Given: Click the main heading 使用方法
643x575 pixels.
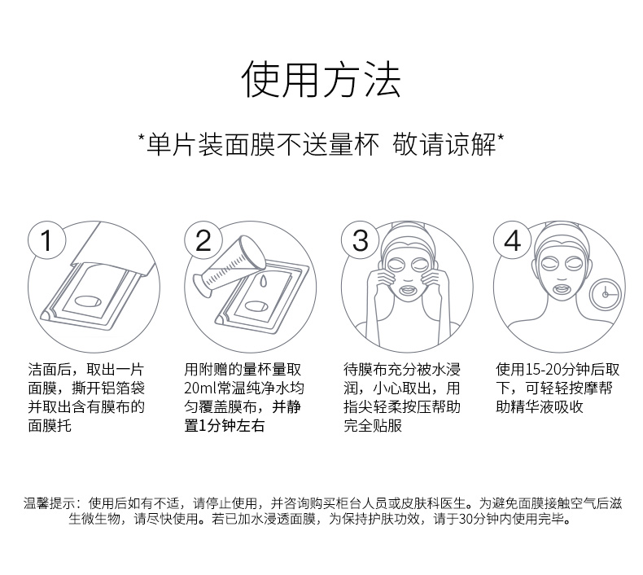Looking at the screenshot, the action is click(321, 79).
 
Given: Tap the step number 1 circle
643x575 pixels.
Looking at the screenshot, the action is click(46, 240).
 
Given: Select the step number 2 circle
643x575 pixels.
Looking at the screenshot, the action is click(203, 240).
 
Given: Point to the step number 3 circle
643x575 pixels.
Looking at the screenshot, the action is click(361, 240).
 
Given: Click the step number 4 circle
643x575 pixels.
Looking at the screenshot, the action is click(512, 240).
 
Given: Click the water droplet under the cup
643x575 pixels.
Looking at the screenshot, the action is click(263, 281).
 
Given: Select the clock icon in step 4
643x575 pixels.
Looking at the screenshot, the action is click(606, 294).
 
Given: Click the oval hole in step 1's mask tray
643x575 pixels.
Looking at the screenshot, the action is click(88, 301).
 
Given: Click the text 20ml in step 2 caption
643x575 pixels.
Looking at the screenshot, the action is click(200, 388).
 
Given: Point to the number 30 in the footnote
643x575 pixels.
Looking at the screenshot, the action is click(466, 519).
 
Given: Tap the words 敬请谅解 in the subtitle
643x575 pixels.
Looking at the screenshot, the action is click(444, 144).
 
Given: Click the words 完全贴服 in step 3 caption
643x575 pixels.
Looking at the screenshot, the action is click(373, 426).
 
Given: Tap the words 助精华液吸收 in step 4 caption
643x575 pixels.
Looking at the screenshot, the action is click(540, 407).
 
